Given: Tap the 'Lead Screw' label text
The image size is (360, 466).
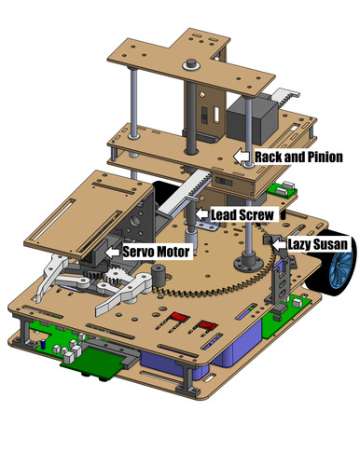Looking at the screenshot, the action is [x=242, y=215].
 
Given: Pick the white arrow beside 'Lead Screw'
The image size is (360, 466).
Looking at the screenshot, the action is [x=202, y=215].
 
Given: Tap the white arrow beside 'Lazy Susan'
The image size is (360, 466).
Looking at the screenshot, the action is [x=278, y=244].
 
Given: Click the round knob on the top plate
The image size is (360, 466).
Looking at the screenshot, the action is [x=193, y=64].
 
